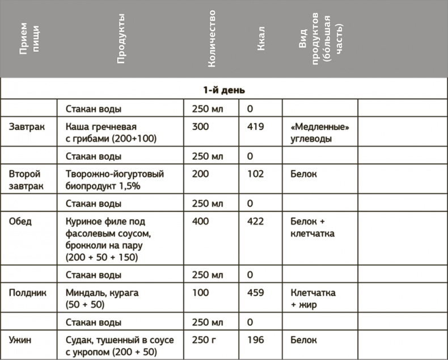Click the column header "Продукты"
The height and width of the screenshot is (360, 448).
coord(121,39)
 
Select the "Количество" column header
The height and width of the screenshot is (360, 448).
coord(212,39)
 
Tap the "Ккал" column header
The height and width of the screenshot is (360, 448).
coord(261,39)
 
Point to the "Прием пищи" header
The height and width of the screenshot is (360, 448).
coord(29,39)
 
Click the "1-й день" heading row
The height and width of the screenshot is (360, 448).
coord(224,90)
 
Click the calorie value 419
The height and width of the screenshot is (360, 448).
coord(256,126)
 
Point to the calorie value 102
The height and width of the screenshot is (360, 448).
coord(256,174)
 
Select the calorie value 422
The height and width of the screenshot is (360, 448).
coord(256,221)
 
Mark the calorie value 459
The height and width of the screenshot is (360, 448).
coord(256,293)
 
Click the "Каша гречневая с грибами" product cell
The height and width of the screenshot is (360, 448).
coord(111,133)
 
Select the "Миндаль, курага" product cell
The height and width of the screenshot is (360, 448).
coord(102,299)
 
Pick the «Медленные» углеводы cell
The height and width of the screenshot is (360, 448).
coord(319,133)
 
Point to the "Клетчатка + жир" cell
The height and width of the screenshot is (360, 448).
coord(312,299)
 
